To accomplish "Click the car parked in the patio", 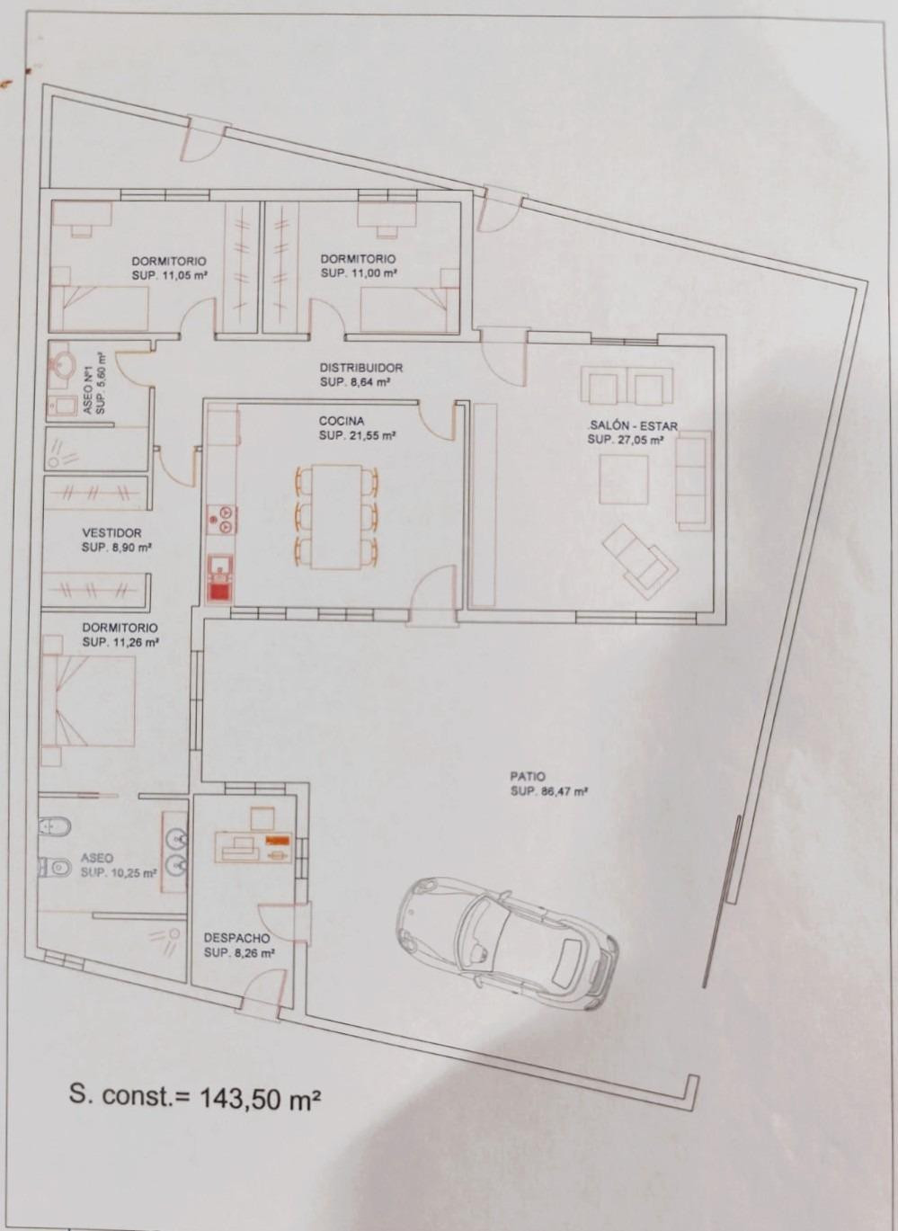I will [x=508, y=939].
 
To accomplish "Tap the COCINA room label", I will [x=342, y=421].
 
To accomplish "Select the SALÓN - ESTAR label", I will [x=633, y=425].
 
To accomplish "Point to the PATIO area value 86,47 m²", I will [x=549, y=791].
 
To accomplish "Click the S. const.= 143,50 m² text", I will [x=195, y=1097].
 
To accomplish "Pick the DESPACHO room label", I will [x=236, y=938].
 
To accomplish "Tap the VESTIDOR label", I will [x=111, y=532].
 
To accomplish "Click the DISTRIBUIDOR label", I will [x=361, y=368].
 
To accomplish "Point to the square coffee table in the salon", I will [x=624, y=479].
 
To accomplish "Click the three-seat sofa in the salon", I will [x=693, y=481].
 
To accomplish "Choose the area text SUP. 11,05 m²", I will [x=170, y=277].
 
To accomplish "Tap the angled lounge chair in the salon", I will [x=640, y=558].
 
